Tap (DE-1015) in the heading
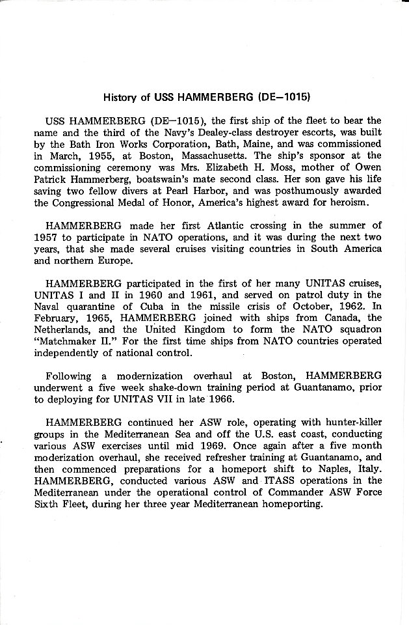pyautogui.click(x=283, y=98)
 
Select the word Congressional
pyautogui.click(x=97, y=202)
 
